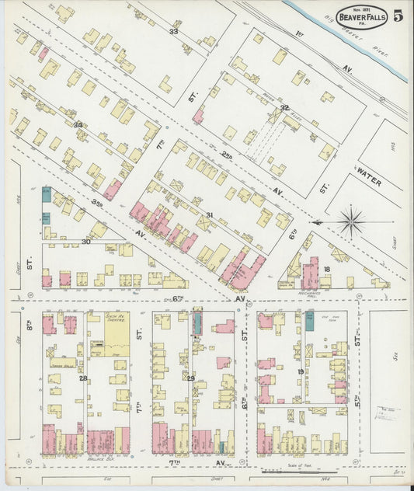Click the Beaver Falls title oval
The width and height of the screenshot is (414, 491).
coord(360,16)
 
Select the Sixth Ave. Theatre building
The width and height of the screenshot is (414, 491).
coord(117,329)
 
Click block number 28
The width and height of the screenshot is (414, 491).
coord(83,378)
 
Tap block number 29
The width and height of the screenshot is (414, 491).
coord(190,378)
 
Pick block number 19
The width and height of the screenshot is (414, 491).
coord(301,372)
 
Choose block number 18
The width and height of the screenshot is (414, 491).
coord(328,269)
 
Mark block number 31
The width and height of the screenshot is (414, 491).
coord(209,215)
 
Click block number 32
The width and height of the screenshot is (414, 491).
coord(284,108)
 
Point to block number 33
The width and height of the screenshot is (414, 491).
coord(173,32)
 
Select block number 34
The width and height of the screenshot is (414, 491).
coord(78,124)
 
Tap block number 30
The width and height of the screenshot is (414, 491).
coord(86,242)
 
